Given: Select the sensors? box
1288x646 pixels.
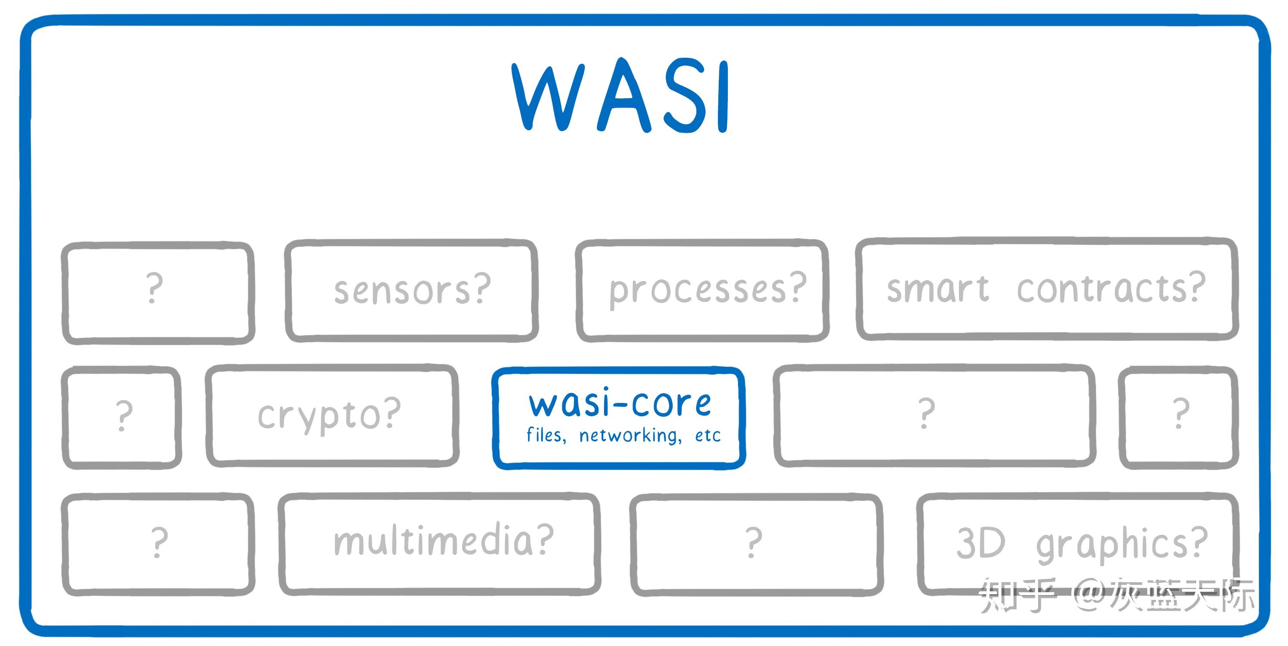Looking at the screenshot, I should [x=412, y=290].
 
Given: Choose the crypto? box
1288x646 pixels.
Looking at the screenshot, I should [x=330, y=415].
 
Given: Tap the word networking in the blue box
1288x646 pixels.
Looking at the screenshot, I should [x=630, y=436].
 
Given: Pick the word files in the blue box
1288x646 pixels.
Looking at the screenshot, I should [x=546, y=435].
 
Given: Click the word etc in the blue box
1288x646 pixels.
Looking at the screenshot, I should [x=708, y=436].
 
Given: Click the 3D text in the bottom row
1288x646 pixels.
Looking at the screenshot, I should [x=980, y=543].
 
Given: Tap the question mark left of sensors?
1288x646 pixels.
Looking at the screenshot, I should [x=155, y=288].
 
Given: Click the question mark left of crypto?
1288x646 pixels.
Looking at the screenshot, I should [x=124, y=415].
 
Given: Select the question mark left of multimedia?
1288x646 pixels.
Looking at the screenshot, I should [x=159, y=542].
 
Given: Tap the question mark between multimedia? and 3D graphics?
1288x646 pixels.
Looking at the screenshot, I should [x=754, y=543].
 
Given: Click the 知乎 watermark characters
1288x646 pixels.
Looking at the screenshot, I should [x=1017, y=596].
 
